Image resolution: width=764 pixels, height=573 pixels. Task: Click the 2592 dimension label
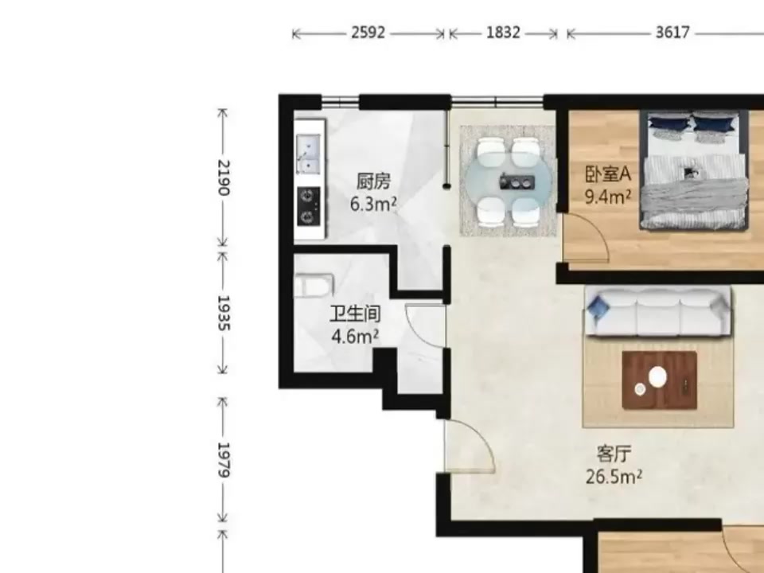pyautogui.click(x=368, y=33)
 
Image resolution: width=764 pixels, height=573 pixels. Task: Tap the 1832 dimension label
pyautogui.click(x=503, y=33)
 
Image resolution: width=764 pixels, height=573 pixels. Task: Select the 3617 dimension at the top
pyautogui.click(x=673, y=33)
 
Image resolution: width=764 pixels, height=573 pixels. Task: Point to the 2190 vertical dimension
pyautogui.click(x=223, y=177)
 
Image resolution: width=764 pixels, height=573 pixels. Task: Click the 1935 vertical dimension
pyautogui.click(x=223, y=313)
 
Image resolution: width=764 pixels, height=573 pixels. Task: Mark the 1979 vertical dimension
pyautogui.click(x=223, y=460)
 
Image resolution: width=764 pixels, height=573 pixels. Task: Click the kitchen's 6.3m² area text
pyautogui.click(x=373, y=204)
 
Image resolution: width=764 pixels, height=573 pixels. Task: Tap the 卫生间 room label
pyautogui.click(x=355, y=314)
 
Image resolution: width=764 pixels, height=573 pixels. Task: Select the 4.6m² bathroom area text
pyautogui.click(x=355, y=336)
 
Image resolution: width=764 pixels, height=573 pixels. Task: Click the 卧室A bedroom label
pyautogui.click(x=608, y=174)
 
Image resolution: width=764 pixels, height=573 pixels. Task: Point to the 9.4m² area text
pyautogui.click(x=608, y=197)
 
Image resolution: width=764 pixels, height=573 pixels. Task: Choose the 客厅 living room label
pyautogui.click(x=614, y=454)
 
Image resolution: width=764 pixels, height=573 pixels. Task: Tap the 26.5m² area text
pyautogui.click(x=614, y=476)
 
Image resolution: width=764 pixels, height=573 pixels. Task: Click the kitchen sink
pyautogui.click(x=308, y=154)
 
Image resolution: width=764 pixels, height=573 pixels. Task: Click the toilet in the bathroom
pyautogui.click(x=314, y=286)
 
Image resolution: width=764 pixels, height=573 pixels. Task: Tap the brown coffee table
pyautogui.click(x=659, y=381)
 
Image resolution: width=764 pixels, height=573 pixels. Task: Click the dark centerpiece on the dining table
pyautogui.click(x=517, y=182)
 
